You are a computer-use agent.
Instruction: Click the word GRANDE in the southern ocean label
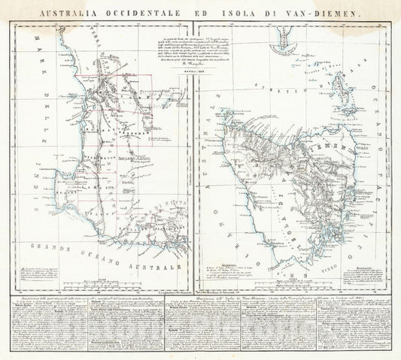[x=45, y=247]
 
